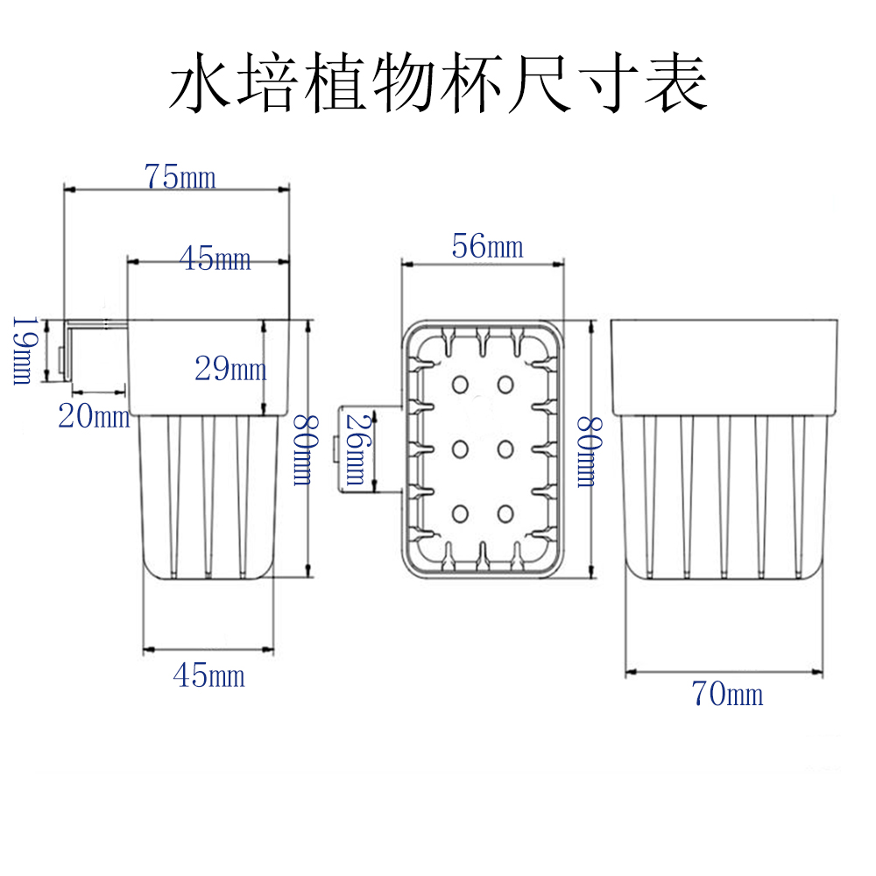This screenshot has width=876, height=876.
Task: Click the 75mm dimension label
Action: (180, 177)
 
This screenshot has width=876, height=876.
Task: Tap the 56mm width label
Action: (487, 247)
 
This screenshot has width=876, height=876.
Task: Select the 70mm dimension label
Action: (727, 695)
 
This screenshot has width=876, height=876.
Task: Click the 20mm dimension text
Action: (94, 416)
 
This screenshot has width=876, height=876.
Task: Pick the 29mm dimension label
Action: (230, 369)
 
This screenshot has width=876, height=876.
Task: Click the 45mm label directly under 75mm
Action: (215, 258)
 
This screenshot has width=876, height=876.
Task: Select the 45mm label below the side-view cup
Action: (208, 675)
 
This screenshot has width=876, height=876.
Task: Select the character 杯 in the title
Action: (484, 85)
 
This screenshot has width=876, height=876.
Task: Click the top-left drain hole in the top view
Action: (460, 385)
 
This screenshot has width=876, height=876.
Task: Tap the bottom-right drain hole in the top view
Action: (505, 512)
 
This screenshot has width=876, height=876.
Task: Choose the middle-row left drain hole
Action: (460, 449)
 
